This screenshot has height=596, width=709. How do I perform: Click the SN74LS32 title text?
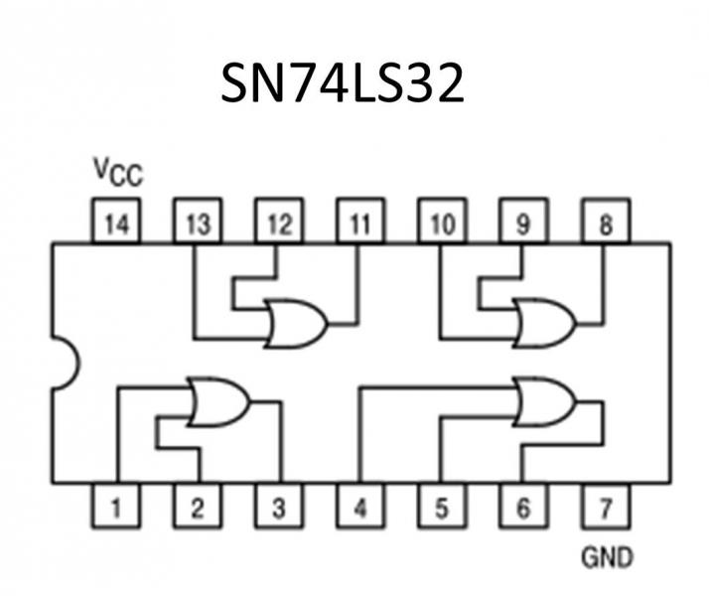pos(343,85)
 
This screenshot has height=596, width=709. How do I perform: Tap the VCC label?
pos(118,173)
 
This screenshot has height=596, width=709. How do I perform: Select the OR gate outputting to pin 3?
pos(217,401)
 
